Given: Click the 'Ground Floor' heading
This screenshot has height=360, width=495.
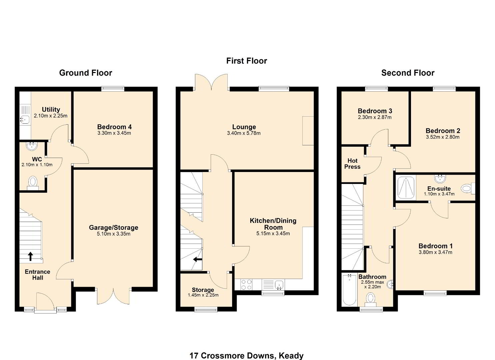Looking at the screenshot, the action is [86, 73].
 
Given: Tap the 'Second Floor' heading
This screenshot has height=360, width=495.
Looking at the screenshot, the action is [408, 73].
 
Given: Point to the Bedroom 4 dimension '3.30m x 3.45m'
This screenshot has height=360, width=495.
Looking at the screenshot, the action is [114, 133].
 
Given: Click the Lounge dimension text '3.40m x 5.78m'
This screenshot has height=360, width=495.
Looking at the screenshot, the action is [244, 133].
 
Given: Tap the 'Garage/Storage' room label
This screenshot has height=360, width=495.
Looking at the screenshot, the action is [114, 227].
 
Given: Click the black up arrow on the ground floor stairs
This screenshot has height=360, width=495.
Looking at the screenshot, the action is [30, 256].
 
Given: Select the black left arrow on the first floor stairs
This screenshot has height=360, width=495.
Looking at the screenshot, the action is [198, 259].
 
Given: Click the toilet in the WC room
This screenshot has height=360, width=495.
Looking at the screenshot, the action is [33, 183].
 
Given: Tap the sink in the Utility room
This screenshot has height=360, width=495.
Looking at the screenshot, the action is [25, 120].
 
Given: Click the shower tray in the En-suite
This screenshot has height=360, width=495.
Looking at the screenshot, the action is [406, 187].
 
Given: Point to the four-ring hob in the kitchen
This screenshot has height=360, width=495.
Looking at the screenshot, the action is [246, 285].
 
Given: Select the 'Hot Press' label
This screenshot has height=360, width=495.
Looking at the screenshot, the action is [352, 164].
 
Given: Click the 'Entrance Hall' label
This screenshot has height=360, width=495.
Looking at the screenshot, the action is [37, 275].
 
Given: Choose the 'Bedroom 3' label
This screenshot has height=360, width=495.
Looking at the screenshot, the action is [375, 111].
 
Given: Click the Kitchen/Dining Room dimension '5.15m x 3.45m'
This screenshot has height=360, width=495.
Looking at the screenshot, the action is [273, 234].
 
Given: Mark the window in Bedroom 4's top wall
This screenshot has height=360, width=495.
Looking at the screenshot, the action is [113, 89].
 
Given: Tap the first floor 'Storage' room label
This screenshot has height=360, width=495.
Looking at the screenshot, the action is [203, 290].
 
